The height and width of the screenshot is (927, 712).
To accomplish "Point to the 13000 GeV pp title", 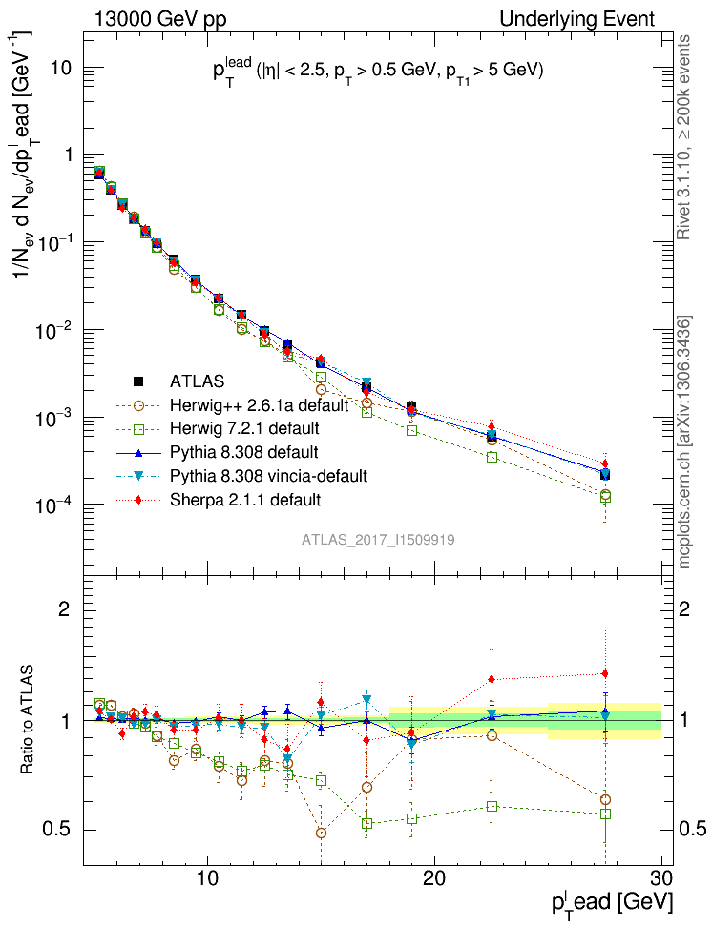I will (160, 19).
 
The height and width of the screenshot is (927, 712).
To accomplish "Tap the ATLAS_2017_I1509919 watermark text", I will (378, 540).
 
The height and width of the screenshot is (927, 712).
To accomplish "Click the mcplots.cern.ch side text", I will (684, 441).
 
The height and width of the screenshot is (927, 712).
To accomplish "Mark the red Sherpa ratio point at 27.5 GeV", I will (604, 673).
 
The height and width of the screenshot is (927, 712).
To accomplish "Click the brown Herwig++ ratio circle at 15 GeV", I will (322, 833).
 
